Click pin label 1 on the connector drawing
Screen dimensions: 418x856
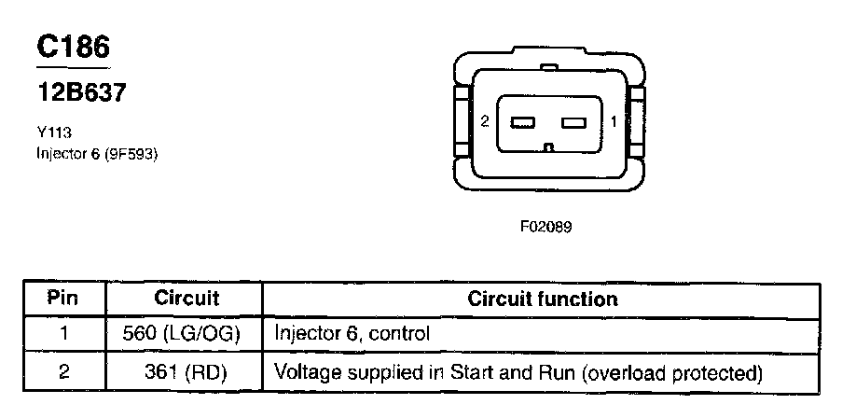point(614,121)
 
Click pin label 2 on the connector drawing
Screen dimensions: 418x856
point(485,121)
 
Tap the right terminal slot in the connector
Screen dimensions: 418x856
point(574,122)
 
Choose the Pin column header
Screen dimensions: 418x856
point(63,299)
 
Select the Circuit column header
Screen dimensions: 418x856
point(186,299)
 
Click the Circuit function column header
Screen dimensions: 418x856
point(542,299)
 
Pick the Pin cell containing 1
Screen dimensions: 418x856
point(63,333)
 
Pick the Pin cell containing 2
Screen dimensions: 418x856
point(63,372)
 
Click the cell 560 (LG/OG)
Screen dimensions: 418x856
point(183,333)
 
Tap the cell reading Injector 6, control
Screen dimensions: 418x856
point(352,333)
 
